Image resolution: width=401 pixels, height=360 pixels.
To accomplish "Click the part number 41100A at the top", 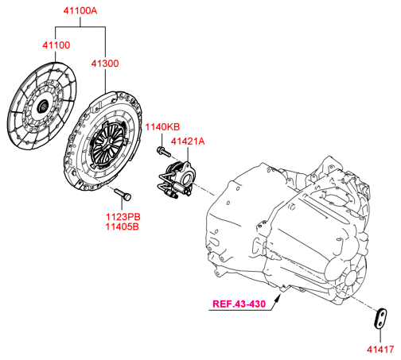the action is point(80,11).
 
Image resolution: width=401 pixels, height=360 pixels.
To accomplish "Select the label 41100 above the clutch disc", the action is point(56,45).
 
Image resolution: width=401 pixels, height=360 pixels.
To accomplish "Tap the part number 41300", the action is point(105,64).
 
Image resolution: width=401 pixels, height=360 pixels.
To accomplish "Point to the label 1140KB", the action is point(162,127).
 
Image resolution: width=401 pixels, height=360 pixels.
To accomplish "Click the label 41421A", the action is point(188,141).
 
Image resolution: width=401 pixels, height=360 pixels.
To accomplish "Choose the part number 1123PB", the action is point(123,217).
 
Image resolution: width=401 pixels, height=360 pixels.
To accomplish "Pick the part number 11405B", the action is point(123,226).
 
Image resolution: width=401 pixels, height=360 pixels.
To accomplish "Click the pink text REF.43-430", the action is point(239,304).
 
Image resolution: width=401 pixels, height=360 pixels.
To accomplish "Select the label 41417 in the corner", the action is point(380,350).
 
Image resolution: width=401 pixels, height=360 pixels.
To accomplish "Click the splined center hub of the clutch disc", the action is point(43,106).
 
